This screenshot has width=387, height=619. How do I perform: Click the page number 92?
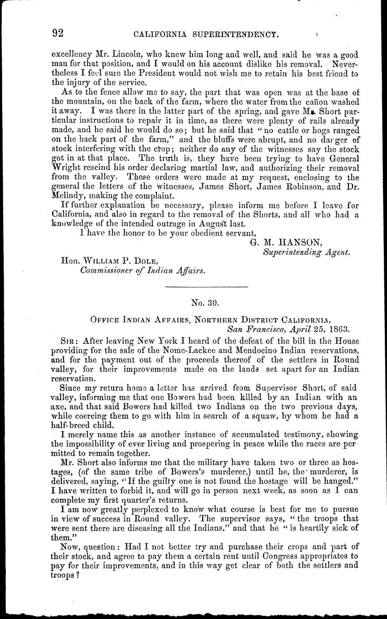tap(58, 33)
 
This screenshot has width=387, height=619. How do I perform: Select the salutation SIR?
tap(69, 340)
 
